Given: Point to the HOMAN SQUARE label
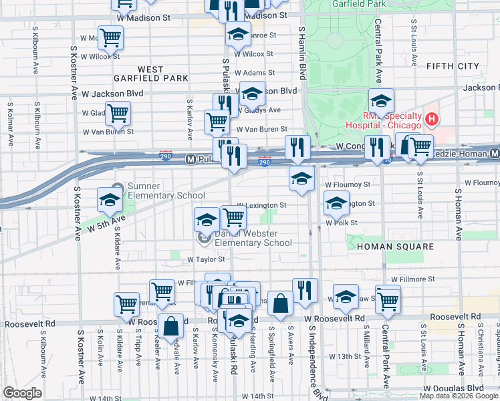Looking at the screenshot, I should [x=386, y=247].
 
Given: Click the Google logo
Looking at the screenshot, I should [x=22, y=393].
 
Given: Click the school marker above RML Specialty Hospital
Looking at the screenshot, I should [x=380, y=102].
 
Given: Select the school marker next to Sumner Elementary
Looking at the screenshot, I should [x=109, y=199].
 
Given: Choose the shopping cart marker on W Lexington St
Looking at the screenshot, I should [x=233, y=217].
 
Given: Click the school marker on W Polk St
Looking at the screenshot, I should [x=336, y=203].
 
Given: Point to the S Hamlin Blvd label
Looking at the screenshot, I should [x=302, y=53].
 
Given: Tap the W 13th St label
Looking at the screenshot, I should [x=348, y=357].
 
